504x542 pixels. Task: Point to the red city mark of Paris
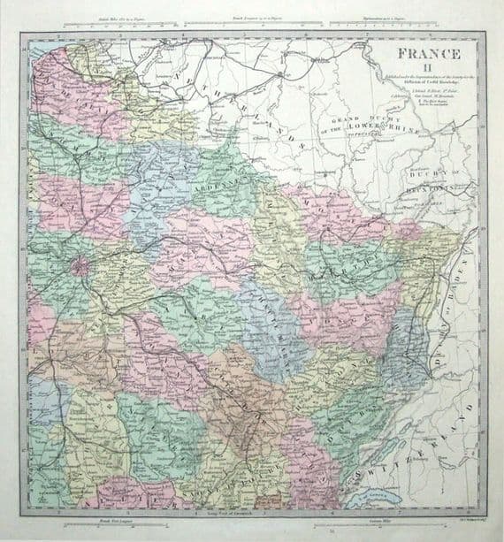80,264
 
